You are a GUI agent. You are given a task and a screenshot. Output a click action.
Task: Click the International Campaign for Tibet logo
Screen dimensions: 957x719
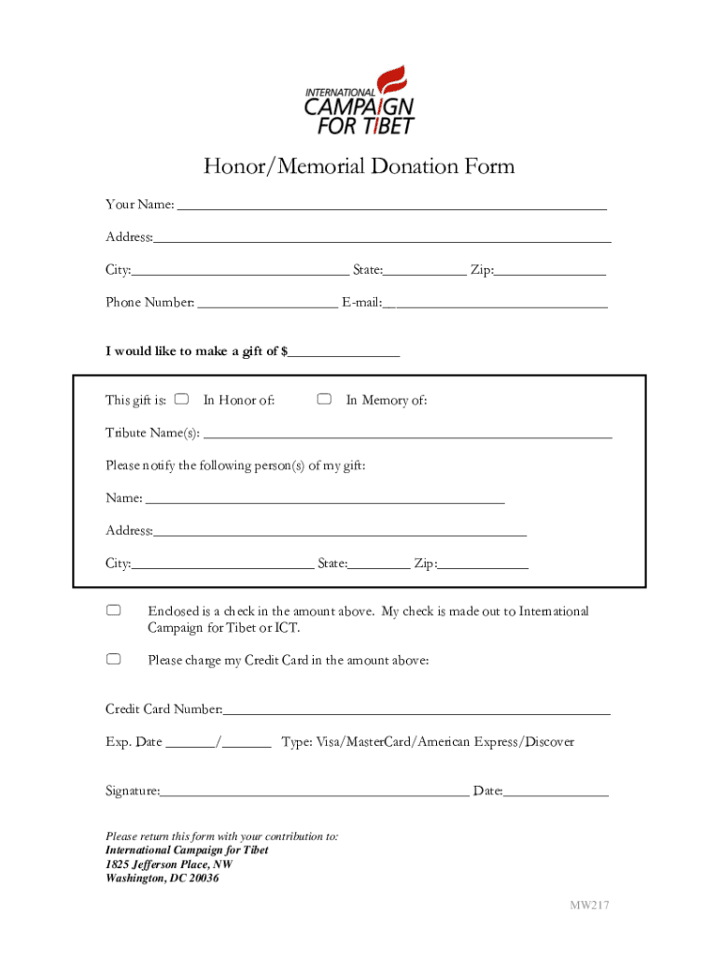(359, 100)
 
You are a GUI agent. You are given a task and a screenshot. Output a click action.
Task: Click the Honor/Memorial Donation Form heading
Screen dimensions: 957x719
(359, 167)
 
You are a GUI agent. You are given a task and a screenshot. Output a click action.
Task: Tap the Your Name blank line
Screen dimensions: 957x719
(391, 206)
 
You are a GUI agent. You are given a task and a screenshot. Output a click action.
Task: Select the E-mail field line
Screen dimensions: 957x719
(496, 303)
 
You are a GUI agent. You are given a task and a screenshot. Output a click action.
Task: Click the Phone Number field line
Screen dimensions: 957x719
(268, 303)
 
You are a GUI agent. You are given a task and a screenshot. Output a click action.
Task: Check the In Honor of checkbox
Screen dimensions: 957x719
(182, 400)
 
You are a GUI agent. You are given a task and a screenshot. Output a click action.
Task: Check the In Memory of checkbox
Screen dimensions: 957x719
(324, 400)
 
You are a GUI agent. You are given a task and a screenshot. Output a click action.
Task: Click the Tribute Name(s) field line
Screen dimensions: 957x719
(408, 434)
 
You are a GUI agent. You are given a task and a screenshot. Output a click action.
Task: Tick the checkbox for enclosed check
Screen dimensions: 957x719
(113, 610)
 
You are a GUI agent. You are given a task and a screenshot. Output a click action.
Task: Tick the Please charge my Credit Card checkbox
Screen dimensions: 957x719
(113, 660)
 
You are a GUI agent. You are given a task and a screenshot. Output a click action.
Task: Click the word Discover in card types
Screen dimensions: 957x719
(549, 742)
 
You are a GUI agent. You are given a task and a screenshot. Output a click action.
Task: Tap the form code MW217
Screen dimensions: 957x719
(591, 905)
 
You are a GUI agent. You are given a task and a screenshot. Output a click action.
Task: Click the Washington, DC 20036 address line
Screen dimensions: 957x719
(162, 878)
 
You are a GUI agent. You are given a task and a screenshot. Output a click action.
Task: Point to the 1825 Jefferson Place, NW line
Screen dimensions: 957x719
(169, 864)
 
